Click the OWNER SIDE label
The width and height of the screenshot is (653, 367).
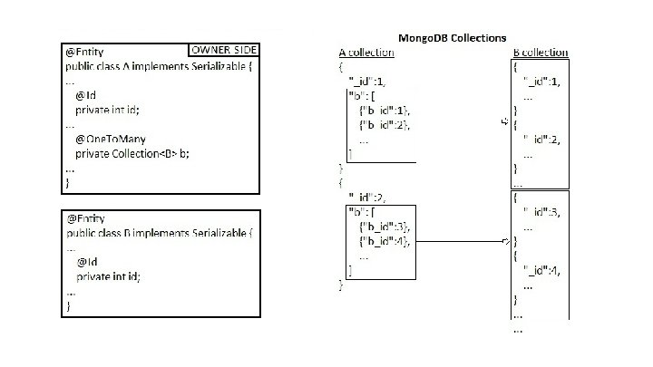(223, 50)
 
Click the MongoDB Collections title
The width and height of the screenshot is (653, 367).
(453, 38)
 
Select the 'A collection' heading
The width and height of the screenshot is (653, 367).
(366, 53)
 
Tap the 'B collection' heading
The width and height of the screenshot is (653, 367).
(541, 53)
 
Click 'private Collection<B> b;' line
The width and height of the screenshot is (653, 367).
(139, 154)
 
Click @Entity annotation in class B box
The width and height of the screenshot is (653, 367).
(84, 219)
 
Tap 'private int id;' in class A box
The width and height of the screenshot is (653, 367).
(108, 110)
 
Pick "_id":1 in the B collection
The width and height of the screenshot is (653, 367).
(543, 81)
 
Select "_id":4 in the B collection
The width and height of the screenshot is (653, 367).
(543, 271)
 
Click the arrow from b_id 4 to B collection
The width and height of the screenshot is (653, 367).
(463, 242)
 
